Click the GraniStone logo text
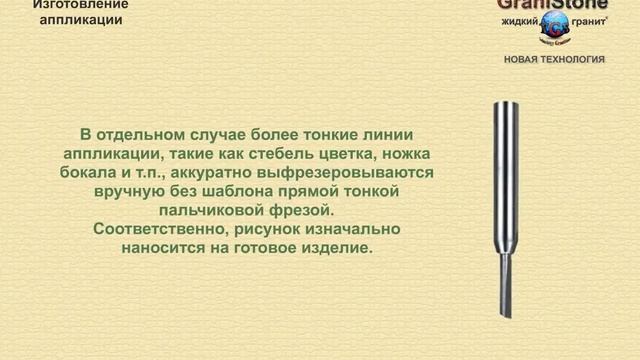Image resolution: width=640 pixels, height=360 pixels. coord(552,5)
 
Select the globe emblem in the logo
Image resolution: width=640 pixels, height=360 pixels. coord(553,28)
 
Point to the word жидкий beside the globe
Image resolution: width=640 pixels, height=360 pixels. coord(520,21)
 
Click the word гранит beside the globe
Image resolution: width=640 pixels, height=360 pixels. coord(587,21)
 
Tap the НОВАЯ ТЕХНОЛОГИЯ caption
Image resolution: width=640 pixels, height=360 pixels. coord(554,59)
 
